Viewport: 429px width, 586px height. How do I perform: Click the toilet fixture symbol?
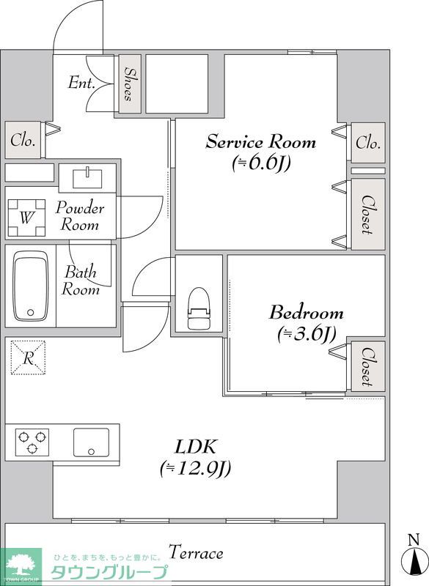click(x=199, y=308)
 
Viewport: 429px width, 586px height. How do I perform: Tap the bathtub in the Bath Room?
click(x=31, y=286)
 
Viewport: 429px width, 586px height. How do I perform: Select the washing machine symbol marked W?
click(x=26, y=218)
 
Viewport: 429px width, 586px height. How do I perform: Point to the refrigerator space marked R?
click(x=28, y=357)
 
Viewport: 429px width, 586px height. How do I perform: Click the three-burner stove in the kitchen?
click(x=32, y=442)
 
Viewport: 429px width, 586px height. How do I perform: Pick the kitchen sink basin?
click(x=91, y=442)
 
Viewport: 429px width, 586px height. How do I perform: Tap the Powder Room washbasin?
click(x=87, y=178)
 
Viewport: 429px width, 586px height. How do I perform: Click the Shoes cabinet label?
click(x=129, y=84)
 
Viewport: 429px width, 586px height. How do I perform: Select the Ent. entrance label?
click(x=81, y=83)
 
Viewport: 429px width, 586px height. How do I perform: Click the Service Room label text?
click(x=260, y=142)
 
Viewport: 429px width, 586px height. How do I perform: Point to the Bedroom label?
click(x=306, y=313)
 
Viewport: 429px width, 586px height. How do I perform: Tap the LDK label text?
click(x=196, y=447)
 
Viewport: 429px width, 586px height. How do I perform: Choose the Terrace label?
click(x=196, y=553)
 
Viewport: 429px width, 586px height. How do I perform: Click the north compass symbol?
click(x=414, y=557)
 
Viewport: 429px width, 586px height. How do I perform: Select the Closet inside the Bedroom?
click(x=368, y=367)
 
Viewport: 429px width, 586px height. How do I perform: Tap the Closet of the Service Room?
click(x=368, y=215)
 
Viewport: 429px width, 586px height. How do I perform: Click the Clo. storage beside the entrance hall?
click(x=23, y=140)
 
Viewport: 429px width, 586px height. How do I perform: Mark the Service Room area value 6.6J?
click(x=261, y=163)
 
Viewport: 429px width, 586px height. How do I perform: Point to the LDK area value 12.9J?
click(x=195, y=468)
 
